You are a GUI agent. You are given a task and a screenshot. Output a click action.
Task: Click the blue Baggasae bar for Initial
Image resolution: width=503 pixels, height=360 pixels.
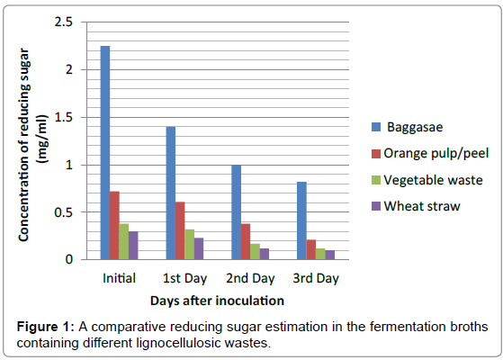(105, 153)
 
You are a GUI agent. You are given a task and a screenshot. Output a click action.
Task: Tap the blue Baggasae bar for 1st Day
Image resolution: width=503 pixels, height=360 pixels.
(170, 193)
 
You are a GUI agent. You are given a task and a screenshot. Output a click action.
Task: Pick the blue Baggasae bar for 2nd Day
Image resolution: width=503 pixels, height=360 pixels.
(236, 212)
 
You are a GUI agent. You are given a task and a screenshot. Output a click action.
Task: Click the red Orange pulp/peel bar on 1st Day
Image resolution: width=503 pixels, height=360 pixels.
(181, 230)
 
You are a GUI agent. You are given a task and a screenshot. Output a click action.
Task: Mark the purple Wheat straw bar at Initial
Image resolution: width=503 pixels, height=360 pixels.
(134, 245)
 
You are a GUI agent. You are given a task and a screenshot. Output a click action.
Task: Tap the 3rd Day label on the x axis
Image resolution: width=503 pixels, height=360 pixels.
(316, 277)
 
